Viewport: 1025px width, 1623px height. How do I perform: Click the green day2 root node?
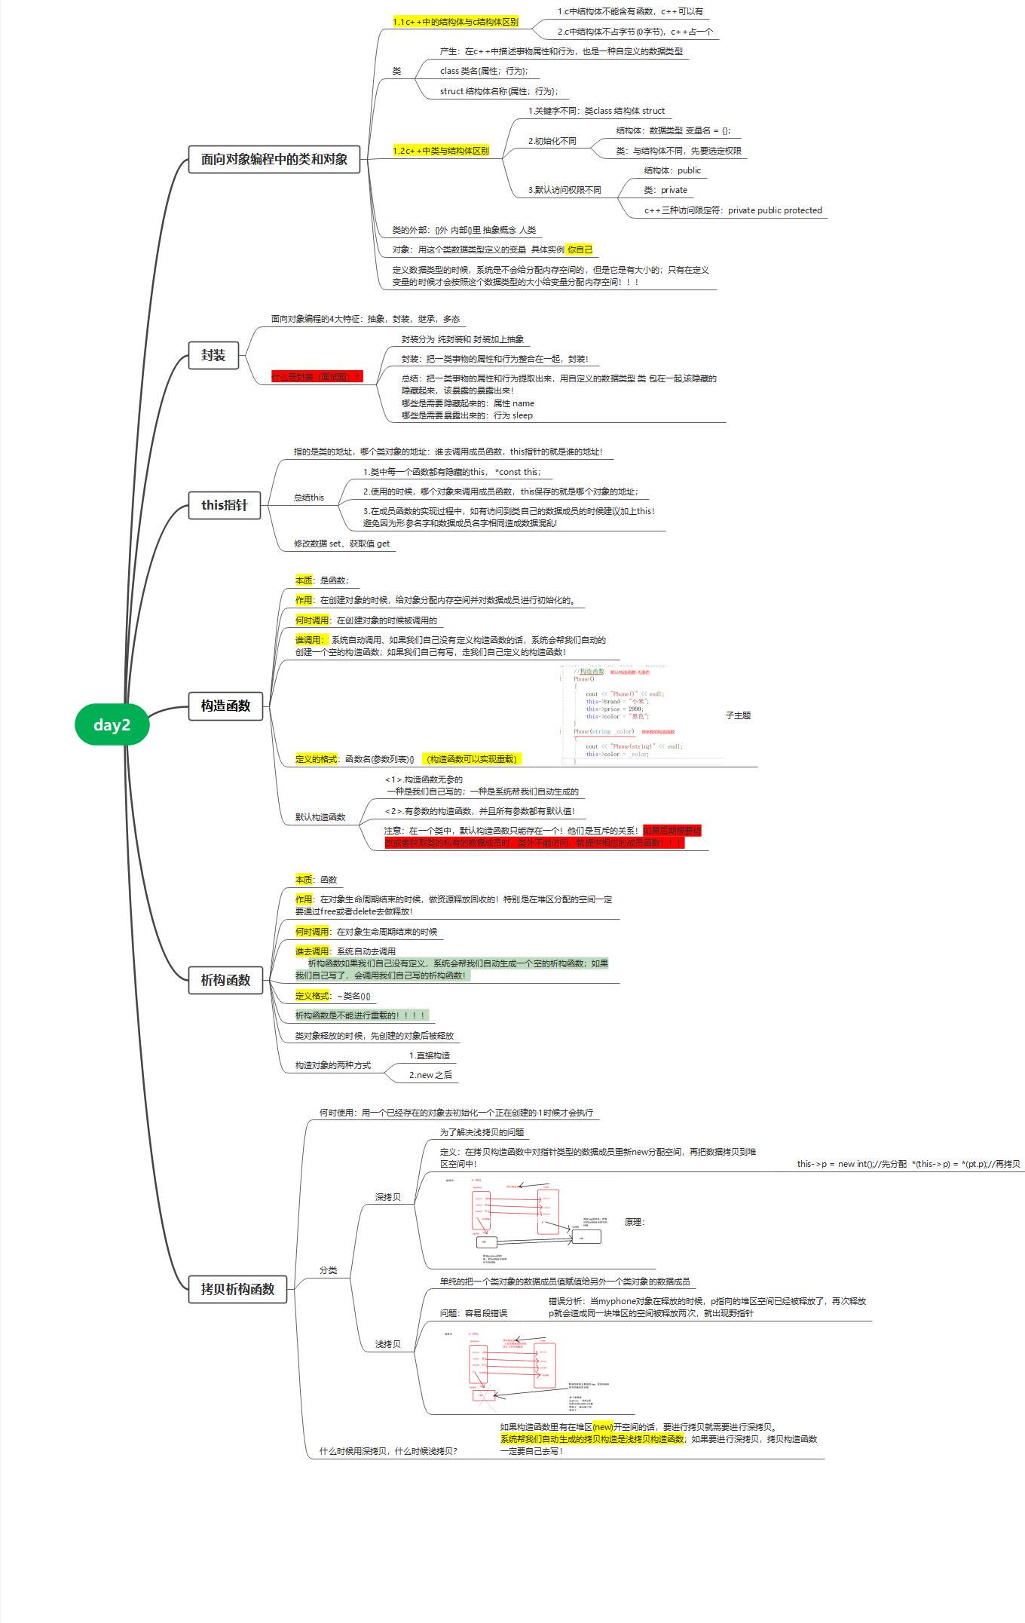[x=112, y=724]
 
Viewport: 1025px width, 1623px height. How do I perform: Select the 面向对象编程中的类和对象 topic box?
[x=274, y=159]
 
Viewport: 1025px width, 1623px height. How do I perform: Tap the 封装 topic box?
[x=213, y=355]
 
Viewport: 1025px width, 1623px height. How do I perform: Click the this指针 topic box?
[x=225, y=504]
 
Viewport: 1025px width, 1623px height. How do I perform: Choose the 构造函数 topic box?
[x=225, y=706]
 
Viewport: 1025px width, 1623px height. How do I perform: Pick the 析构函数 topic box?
[x=225, y=980]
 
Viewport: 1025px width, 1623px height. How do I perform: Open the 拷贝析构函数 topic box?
[x=237, y=1289]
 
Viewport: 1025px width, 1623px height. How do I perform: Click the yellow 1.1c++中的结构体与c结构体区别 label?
[x=455, y=22]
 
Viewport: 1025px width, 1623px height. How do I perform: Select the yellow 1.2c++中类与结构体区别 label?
[x=441, y=151]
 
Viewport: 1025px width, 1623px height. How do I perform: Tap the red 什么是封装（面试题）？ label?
[x=317, y=376]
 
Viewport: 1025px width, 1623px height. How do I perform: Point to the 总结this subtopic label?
[x=309, y=498]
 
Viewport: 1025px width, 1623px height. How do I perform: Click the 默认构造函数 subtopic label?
[x=320, y=817]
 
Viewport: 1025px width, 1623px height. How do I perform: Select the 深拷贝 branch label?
[x=388, y=1197]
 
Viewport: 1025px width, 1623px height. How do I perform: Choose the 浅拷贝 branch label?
[x=388, y=1344]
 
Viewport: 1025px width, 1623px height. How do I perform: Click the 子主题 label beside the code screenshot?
[x=738, y=715]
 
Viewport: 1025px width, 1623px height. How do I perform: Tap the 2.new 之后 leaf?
[x=430, y=1075]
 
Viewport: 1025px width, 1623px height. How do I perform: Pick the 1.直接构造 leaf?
[x=430, y=1055]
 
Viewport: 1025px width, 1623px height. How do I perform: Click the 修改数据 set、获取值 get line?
[x=342, y=544]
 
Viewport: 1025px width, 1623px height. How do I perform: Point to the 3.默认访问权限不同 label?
[x=565, y=190]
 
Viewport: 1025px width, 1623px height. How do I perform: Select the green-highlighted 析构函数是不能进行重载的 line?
[x=361, y=1015]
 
